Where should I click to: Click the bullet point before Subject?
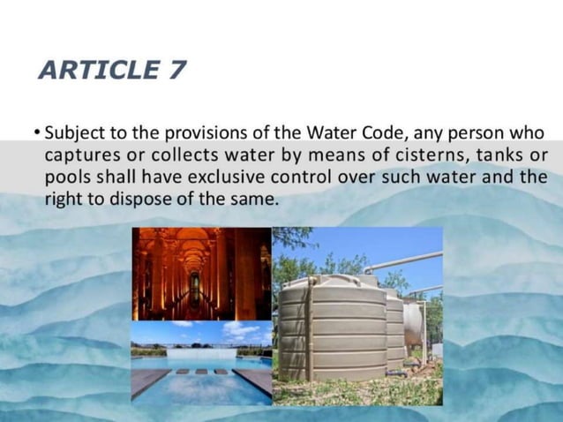(x=36, y=134)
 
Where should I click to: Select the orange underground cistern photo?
(x=201, y=274)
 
